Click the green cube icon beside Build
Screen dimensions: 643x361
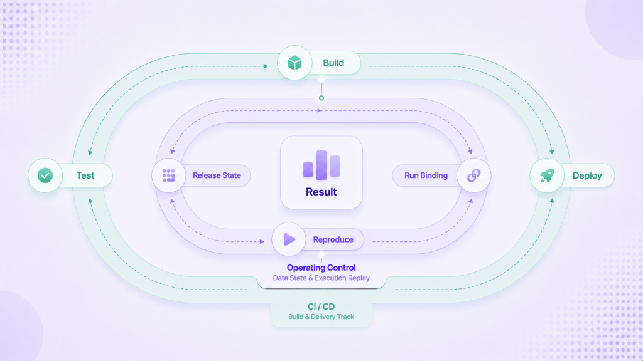tap(294, 63)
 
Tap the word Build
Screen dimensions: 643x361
tap(333, 63)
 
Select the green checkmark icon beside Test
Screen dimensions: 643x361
tap(45, 175)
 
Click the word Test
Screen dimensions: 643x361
tap(85, 175)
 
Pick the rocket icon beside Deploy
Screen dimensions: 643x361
tap(547, 175)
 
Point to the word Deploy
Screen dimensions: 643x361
tap(587, 175)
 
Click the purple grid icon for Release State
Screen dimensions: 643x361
tap(168, 175)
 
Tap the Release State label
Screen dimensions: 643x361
tap(217, 175)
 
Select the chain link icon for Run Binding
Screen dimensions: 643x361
tap(473, 175)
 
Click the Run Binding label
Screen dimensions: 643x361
tap(426, 175)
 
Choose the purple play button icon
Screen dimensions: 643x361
tap(289, 239)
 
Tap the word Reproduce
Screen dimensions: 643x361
tap(333, 239)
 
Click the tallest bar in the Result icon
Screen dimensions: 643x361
tap(321, 165)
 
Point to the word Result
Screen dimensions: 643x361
tap(321, 192)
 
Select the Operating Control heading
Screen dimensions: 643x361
tap(321, 268)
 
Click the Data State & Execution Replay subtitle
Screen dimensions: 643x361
tap(321, 278)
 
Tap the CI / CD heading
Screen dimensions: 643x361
tap(321, 306)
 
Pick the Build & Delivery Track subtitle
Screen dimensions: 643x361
tap(321, 317)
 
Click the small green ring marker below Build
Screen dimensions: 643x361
tap(321, 98)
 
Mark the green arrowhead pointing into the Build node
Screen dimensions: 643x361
tap(266, 66)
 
